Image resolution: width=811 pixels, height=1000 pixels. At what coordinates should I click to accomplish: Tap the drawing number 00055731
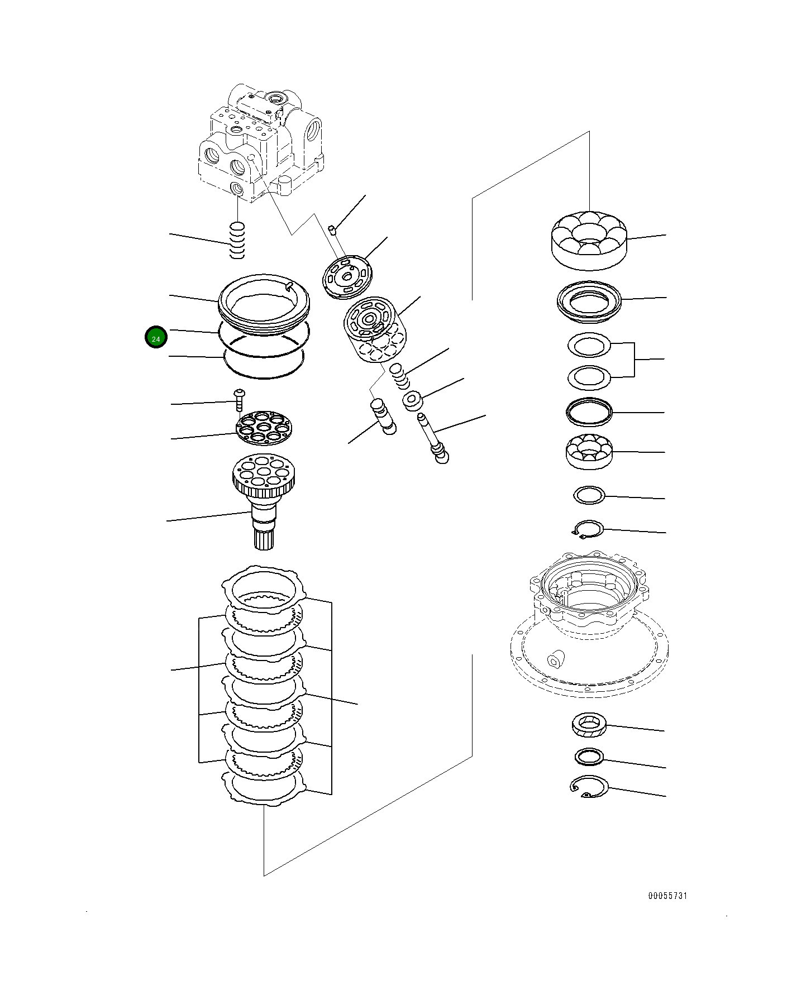point(667,896)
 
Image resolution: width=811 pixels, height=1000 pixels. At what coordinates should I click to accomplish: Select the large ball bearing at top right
point(589,238)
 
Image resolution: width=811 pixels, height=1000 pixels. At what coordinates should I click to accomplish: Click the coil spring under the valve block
point(238,241)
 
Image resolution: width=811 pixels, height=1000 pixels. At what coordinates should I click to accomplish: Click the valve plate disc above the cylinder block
point(348,277)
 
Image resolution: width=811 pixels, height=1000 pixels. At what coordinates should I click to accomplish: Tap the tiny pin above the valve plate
point(332,228)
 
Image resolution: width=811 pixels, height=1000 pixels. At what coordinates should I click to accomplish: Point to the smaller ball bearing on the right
point(589,450)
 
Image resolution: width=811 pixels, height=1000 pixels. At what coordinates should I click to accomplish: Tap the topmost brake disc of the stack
point(264,590)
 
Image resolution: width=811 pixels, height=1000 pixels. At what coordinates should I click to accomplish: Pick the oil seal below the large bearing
point(589,302)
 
